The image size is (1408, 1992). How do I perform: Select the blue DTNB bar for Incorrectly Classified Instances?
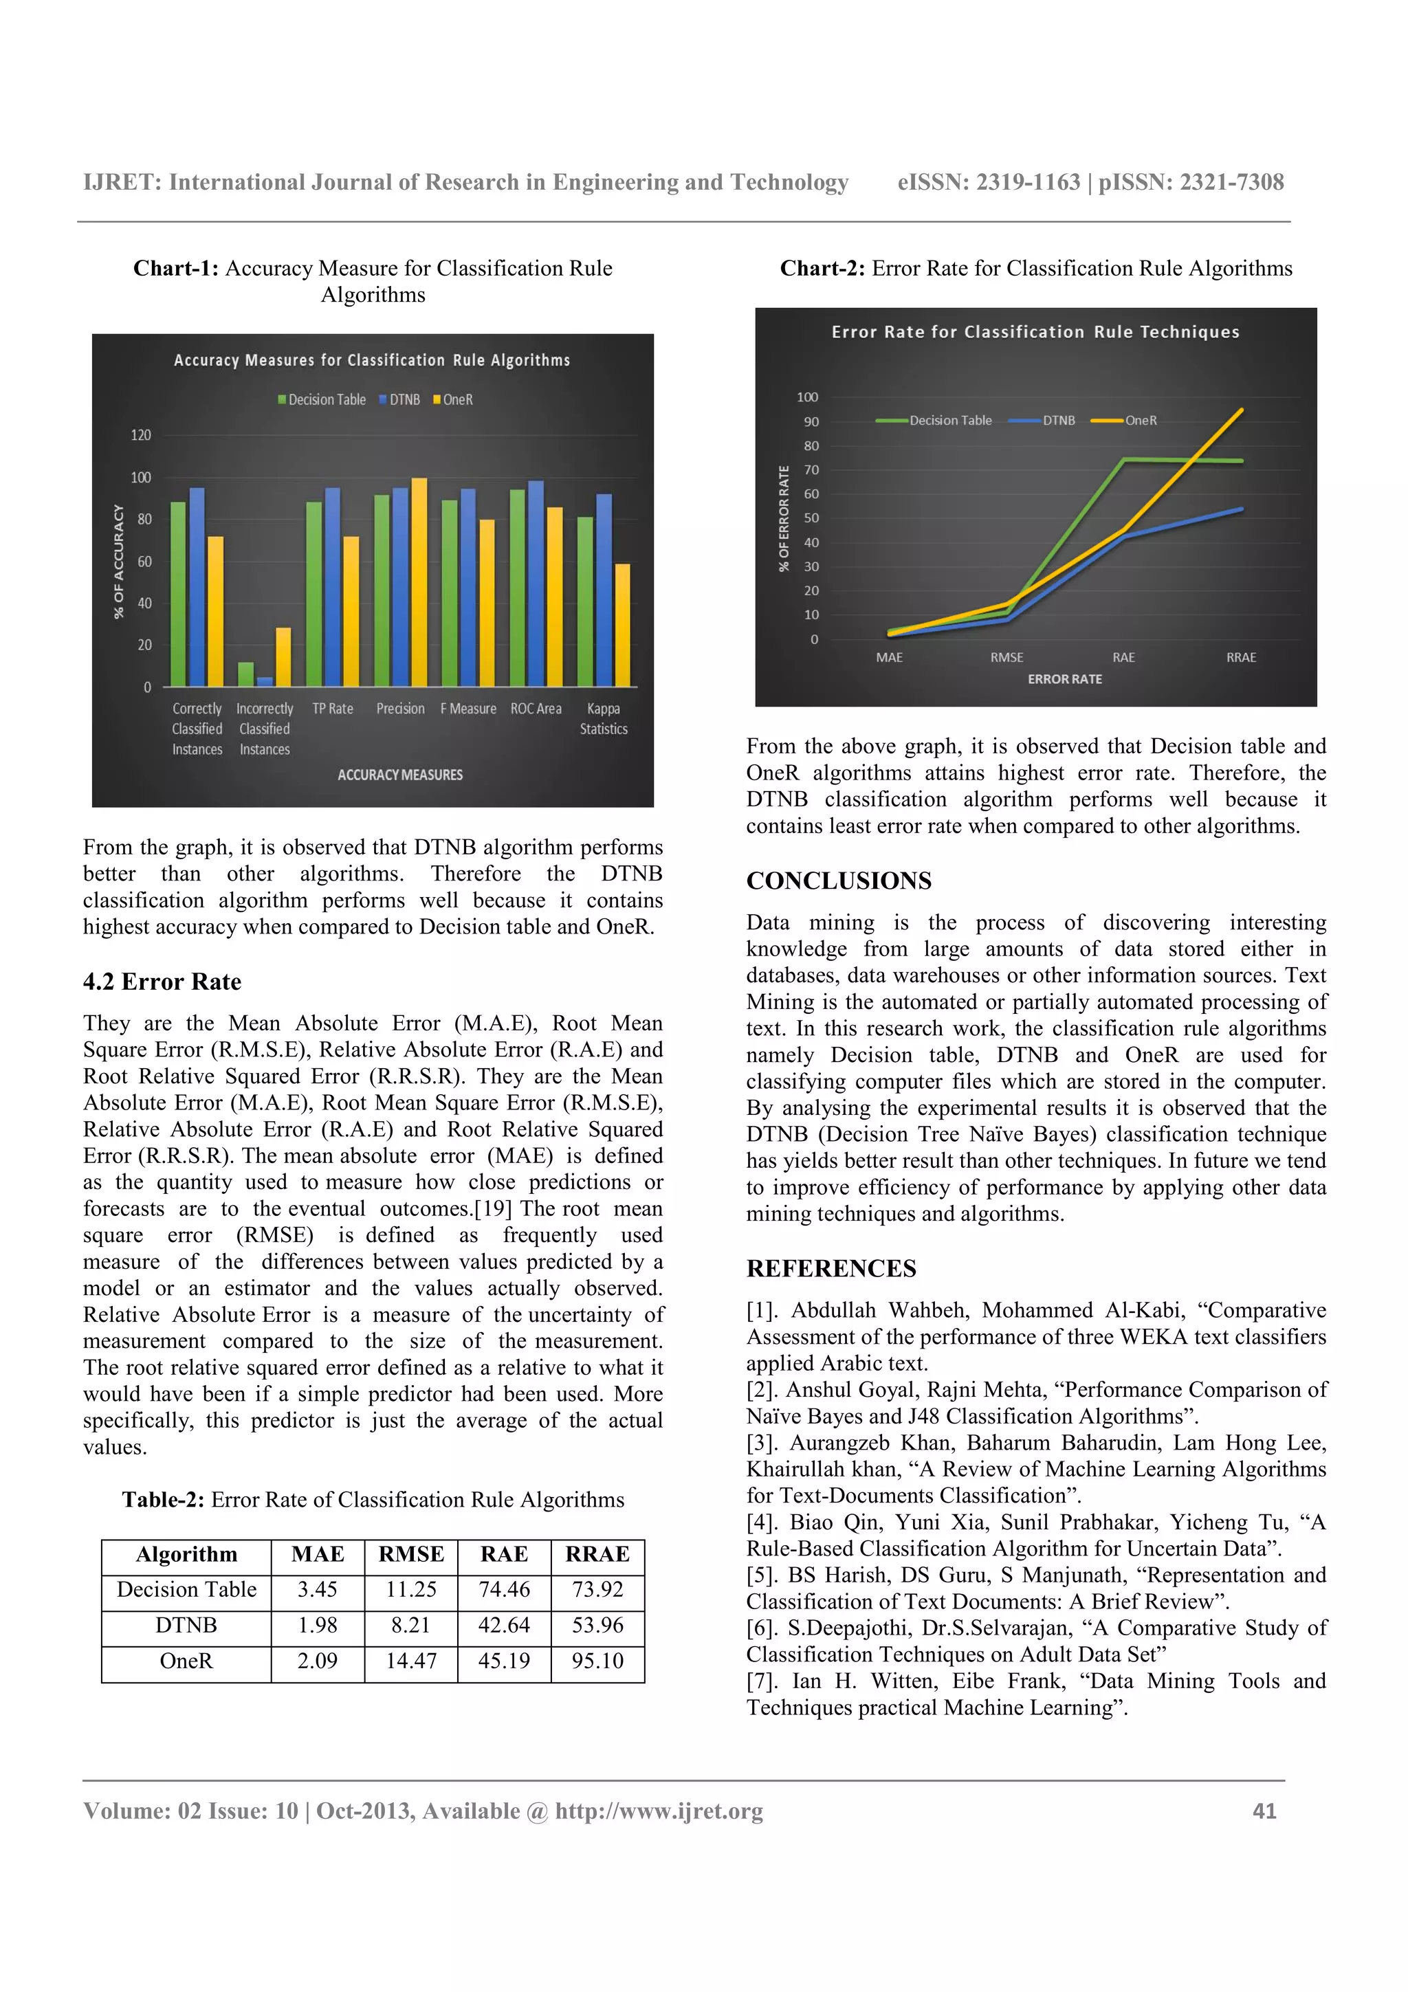(x=265, y=681)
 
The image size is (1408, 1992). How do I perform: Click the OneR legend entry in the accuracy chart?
(x=453, y=400)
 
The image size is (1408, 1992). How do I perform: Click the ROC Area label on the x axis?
(x=536, y=709)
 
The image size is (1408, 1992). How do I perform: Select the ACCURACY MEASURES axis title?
(x=400, y=775)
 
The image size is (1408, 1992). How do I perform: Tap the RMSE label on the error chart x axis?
(x=1006, y=658)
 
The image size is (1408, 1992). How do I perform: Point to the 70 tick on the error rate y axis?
(x=811, y=470)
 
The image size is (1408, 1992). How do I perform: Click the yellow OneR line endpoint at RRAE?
(x=1242, y=410)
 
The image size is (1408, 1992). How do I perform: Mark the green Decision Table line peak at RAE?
(x=1124, y=460)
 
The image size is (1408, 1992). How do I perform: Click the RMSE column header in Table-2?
(x=411, y=1554)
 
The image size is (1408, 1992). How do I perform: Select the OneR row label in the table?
(x=186, y=1661)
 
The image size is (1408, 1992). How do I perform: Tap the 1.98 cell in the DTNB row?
(x=318, y=1625)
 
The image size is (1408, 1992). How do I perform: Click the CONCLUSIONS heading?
(x=838, y=881)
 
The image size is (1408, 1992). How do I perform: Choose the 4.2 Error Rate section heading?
(x=162, y=982)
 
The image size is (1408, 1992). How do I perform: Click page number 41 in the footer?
(x=1264, y=1811)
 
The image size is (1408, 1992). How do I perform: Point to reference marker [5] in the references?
(x=762, y=1575)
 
